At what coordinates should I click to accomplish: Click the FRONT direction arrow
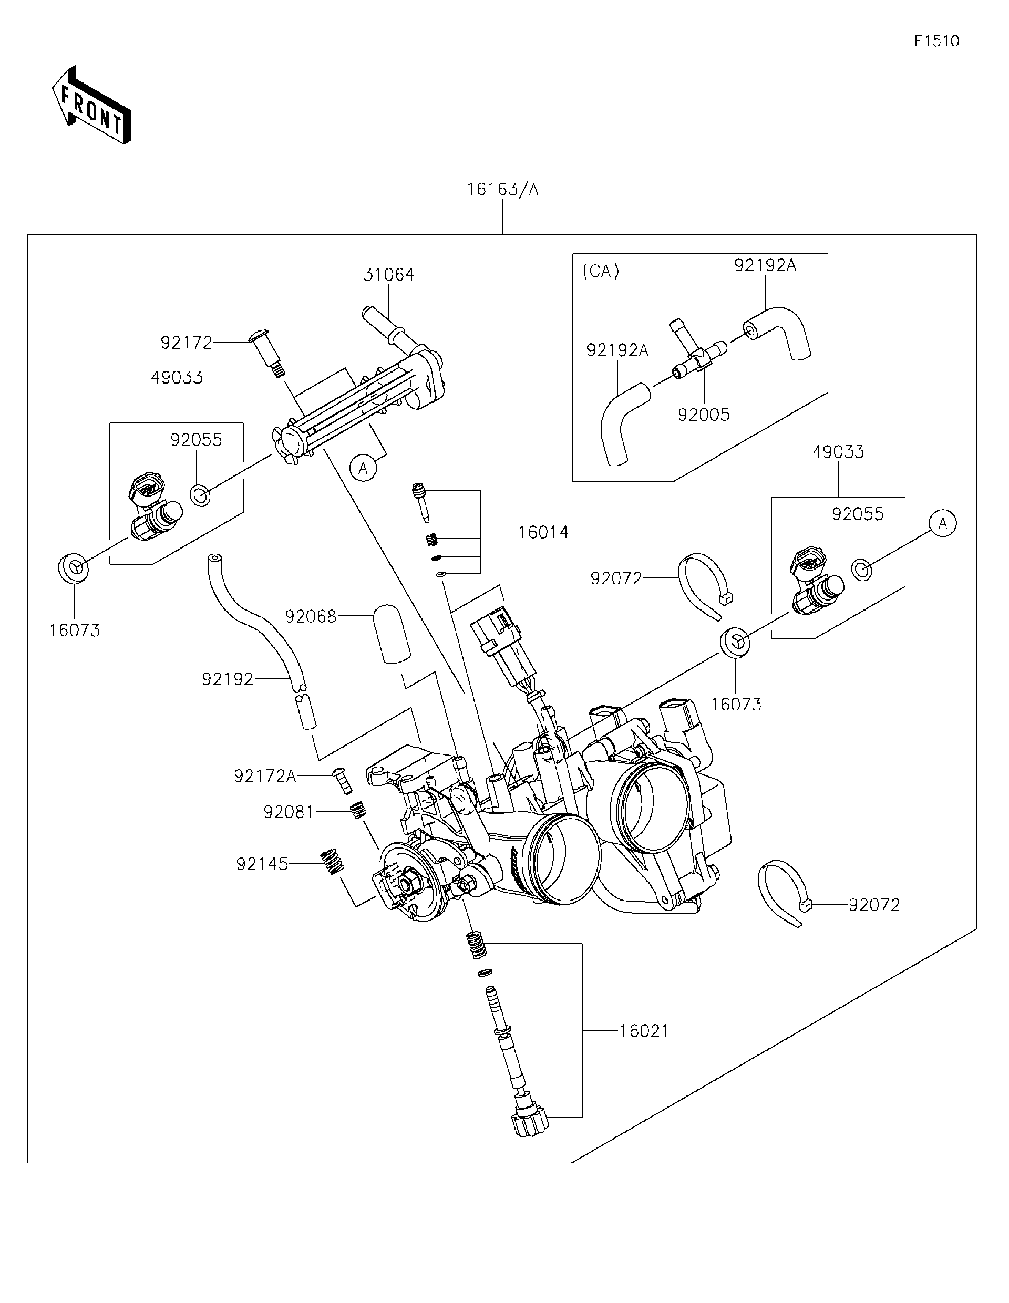pyautogui.click(x=91, y=105)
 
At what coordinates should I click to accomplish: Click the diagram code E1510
pyautogui.click(x=937, y=41)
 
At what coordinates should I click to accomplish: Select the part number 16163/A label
pyautogui.click(x=502, y=190)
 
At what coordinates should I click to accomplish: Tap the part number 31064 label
pyautogui.click(x=388, y=274)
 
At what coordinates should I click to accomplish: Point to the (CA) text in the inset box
pyautogui.click(x=600, y=272)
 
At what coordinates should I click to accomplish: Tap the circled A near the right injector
pyautogui.click(x=942, y=523)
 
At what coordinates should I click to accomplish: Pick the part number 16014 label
pyautogui.click(x=542, y=532)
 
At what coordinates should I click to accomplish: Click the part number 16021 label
pyautogui.click(x=644, y=1030)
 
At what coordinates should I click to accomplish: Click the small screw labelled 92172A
pyautogui.click(x=341, y=780)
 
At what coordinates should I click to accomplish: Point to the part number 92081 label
pyautogui.click(x=288, y=811)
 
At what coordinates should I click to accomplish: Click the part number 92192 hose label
pyautogui.click(x=228, y=679)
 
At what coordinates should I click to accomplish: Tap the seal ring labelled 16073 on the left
pyautogui.click(x=74, y=567)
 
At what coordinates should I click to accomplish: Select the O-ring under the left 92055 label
pyautogui.click(x=200, y=494)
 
